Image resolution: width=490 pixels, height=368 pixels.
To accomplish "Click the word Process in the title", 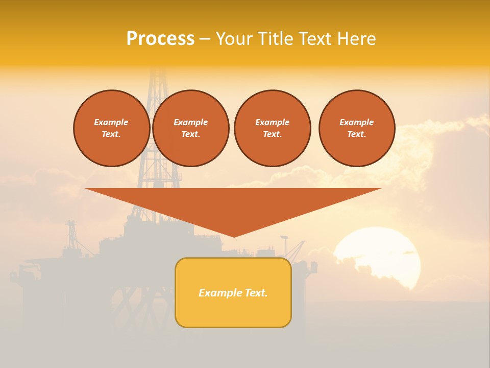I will [x=160, y=39].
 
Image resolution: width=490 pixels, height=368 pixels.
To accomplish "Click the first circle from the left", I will [x=111, y=128].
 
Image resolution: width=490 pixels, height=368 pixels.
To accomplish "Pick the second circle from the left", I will [x=190, y=128].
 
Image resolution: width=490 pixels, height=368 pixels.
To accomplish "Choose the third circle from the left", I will [x=272, y=128].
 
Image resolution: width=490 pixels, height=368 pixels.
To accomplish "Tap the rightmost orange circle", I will [x=356, y=128].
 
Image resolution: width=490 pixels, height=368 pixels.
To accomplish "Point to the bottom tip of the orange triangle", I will [x=234, y=236].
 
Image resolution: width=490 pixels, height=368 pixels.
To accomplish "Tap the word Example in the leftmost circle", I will [x=111, y=122].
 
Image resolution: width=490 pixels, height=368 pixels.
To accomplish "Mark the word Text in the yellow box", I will [x=255, y=293].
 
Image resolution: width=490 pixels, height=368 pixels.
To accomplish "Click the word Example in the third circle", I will [x=272, y=122].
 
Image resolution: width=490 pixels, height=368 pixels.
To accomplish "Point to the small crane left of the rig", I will [x=71, y=233].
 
